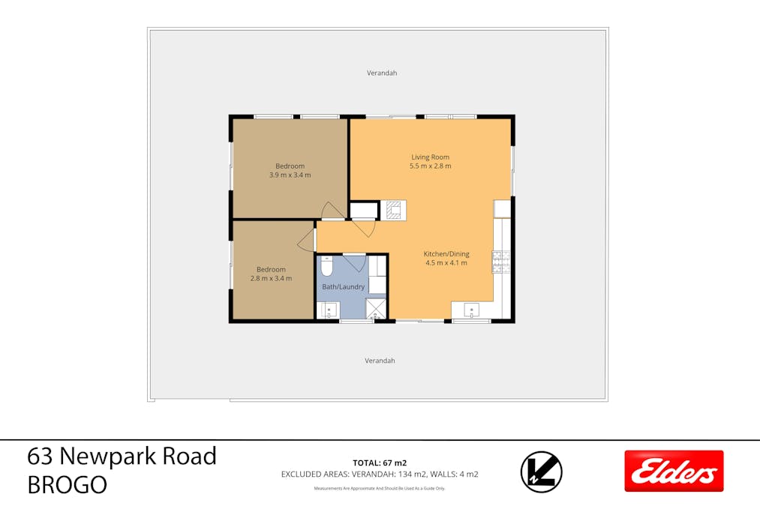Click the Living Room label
(x=430, y=157)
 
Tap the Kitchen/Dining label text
(x=446, y=254)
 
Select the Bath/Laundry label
(x=344, y=286)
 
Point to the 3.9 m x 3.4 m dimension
(x=290, y=175)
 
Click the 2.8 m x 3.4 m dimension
(x=271, y=278)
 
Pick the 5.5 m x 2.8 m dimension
(x=431, y=166)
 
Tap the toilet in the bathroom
(x=326, y=266)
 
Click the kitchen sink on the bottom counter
(x=472, y=309)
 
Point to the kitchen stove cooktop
(x=500, y=260)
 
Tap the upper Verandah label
(x=381, y=73)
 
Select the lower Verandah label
(x=380, y=361)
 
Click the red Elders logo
(x=674, y=471)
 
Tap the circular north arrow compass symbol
(x=541, y=472)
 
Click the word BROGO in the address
(x=67, y=485)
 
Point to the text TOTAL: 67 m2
(x=380, y=463)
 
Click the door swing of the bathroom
(x=354, y=262)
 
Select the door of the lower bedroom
(x=306, y=241)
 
